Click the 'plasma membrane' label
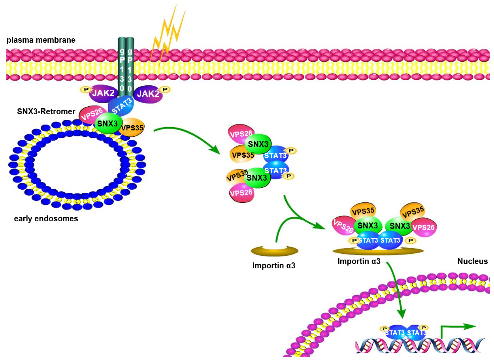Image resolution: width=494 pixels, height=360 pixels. pos(41,40)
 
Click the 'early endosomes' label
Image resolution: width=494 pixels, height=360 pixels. pos(46,219)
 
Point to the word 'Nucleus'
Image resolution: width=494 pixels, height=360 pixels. pos(472,261)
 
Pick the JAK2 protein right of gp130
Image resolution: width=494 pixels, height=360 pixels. pos(148,95)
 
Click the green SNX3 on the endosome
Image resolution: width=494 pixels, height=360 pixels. pos(107,124)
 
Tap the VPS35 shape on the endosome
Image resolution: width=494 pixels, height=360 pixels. pos(132,128)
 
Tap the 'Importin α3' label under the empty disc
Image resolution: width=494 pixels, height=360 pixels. pos(274,266)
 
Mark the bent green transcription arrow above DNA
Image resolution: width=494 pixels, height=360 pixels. pos(454,328)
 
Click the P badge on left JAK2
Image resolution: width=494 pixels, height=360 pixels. pos(85,90)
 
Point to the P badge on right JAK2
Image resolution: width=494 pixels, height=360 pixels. pos(165,90)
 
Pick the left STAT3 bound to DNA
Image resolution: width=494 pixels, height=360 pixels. pos(396,333)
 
